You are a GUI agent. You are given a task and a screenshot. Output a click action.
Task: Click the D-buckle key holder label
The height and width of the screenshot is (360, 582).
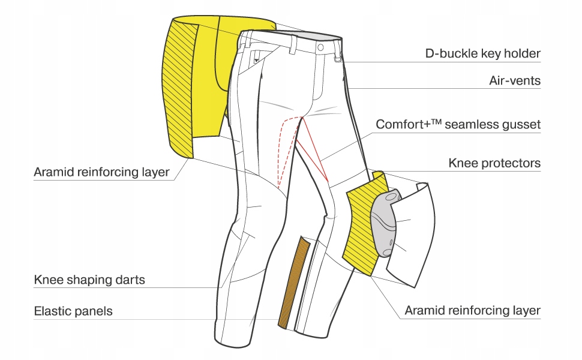(482, 54)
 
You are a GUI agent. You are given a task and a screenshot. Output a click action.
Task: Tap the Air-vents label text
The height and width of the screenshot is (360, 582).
(515, 80)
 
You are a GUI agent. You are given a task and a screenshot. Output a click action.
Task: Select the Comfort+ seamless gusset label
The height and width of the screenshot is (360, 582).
(458, 125)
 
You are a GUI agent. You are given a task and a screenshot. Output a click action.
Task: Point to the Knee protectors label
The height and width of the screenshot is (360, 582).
(494, 163)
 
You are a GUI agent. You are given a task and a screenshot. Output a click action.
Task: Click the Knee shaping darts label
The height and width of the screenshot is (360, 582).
(89, 280)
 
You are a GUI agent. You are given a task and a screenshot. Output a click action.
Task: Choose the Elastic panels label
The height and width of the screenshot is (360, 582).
(73, 311)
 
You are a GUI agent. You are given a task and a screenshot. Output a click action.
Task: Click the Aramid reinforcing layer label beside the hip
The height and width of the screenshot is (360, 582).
(101, 173)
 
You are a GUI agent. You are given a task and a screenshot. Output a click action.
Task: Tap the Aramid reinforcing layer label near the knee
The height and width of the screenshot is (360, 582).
(472, 311)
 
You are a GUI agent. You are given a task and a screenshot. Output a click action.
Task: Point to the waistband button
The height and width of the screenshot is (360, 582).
(320, 46)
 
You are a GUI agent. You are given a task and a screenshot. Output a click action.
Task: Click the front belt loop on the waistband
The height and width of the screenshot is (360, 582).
(293, 44)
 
